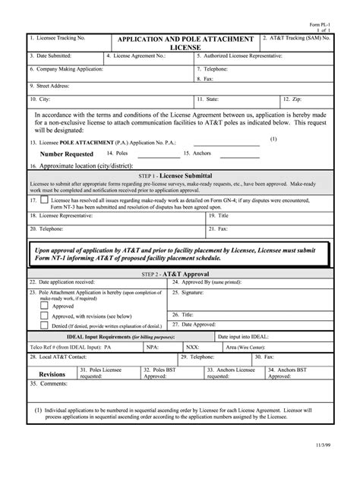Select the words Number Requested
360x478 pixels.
[x=66, y=154]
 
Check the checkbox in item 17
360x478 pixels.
[x=45, y=200]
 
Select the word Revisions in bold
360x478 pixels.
[x=52, y=374]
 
